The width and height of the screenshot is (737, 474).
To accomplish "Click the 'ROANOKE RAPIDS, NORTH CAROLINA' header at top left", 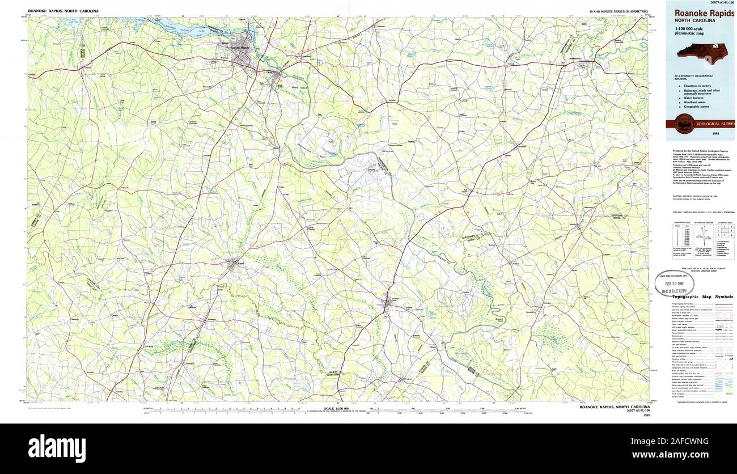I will (63, 11).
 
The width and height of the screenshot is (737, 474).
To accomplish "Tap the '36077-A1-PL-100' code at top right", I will (719, 2).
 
